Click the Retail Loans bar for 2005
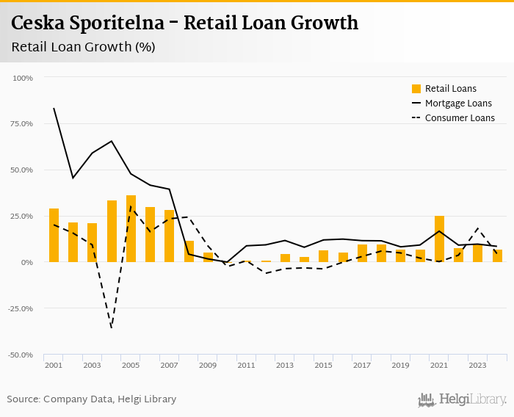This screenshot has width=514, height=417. coord(131,229)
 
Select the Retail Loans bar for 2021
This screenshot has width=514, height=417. coord(439,239)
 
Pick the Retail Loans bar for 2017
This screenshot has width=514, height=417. coord(362,253)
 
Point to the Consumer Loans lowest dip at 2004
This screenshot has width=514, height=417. coord(112,327)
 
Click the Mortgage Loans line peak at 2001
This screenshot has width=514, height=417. coord(54,109)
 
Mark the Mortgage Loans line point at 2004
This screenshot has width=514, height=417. coord(112,141)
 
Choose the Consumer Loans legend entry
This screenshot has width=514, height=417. coord(452,118)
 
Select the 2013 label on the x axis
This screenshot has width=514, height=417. coord(284,365)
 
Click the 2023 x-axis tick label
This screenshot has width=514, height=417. coord(477,365)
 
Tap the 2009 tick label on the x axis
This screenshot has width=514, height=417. coord(207,365)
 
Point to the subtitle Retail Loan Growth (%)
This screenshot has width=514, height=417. coord(83,47)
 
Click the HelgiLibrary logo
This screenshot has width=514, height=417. coord(463,399)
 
